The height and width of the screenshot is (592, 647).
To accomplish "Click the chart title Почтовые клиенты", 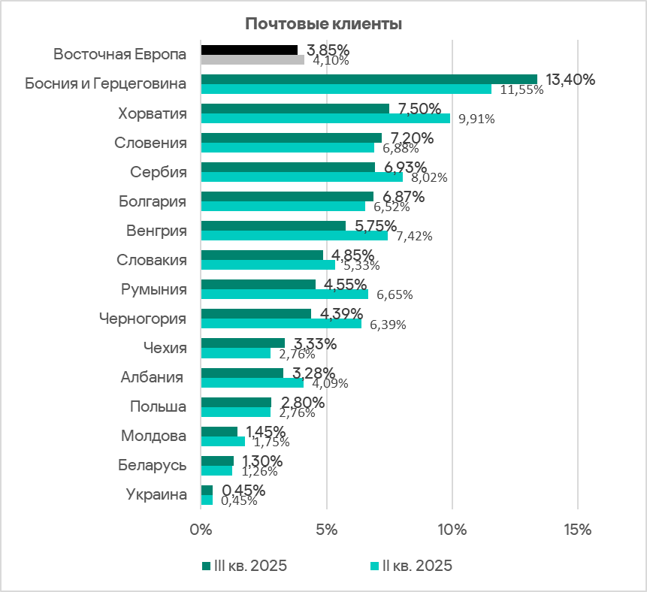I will click(323, 24).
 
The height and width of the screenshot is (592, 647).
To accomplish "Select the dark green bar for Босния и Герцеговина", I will click(369, 79).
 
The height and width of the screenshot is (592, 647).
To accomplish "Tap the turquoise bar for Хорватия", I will click(325, 118).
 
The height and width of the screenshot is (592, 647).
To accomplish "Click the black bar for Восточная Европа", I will click(249, 50).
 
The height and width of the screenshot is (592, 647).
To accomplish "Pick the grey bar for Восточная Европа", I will click(252, 59).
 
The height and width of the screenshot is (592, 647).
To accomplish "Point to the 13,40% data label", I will click(570, 79).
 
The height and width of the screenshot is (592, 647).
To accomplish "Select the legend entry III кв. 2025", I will click(244, 566).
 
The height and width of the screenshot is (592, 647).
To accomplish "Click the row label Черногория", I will click(143, 319).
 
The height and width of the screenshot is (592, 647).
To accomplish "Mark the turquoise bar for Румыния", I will click(285, 294).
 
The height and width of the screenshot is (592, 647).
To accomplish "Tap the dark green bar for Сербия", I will click(288, 167).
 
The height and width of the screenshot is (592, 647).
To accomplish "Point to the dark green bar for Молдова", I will click(219, 431).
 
